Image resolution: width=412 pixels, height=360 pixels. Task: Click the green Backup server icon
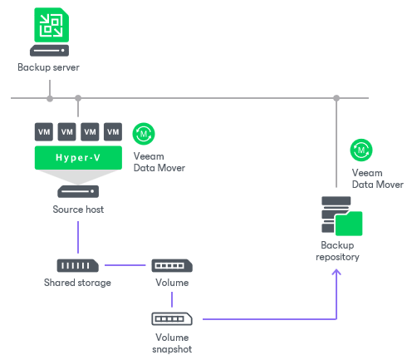(x=49, y=25)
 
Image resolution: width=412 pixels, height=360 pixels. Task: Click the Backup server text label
(x=49, y=67)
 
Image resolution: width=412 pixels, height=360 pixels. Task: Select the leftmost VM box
(x=44, y=132)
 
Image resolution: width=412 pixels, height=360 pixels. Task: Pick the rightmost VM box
(x=113, y=132)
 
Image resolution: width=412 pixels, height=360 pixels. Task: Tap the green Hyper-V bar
(x=78, y=157)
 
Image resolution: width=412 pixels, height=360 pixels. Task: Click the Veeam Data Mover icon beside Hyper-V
(x=145, y=134)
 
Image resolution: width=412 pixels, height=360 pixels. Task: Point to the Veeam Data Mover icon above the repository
(x=362, y=150)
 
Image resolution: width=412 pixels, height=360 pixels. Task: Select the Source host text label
(x=78, y=210)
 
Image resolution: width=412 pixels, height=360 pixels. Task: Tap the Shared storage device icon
(x=77, y=266)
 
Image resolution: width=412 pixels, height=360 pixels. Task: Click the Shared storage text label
(x=77, y=283)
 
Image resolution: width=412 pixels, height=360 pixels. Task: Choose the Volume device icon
(x=172, y=266)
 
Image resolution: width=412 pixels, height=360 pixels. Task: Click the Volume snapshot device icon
(x=172, y=318)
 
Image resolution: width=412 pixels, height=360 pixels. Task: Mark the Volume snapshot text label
(x=172, y=343)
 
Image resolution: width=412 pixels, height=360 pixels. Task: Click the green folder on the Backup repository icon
(x=347, y=224)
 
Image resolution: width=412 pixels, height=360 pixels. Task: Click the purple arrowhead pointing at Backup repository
(x=336, y=270)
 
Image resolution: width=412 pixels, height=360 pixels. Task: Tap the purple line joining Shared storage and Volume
(x=125, y=266)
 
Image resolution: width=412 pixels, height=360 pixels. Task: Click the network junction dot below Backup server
(x=50, y=99)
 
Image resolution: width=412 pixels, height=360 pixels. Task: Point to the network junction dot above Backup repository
(x=336, y=99)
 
